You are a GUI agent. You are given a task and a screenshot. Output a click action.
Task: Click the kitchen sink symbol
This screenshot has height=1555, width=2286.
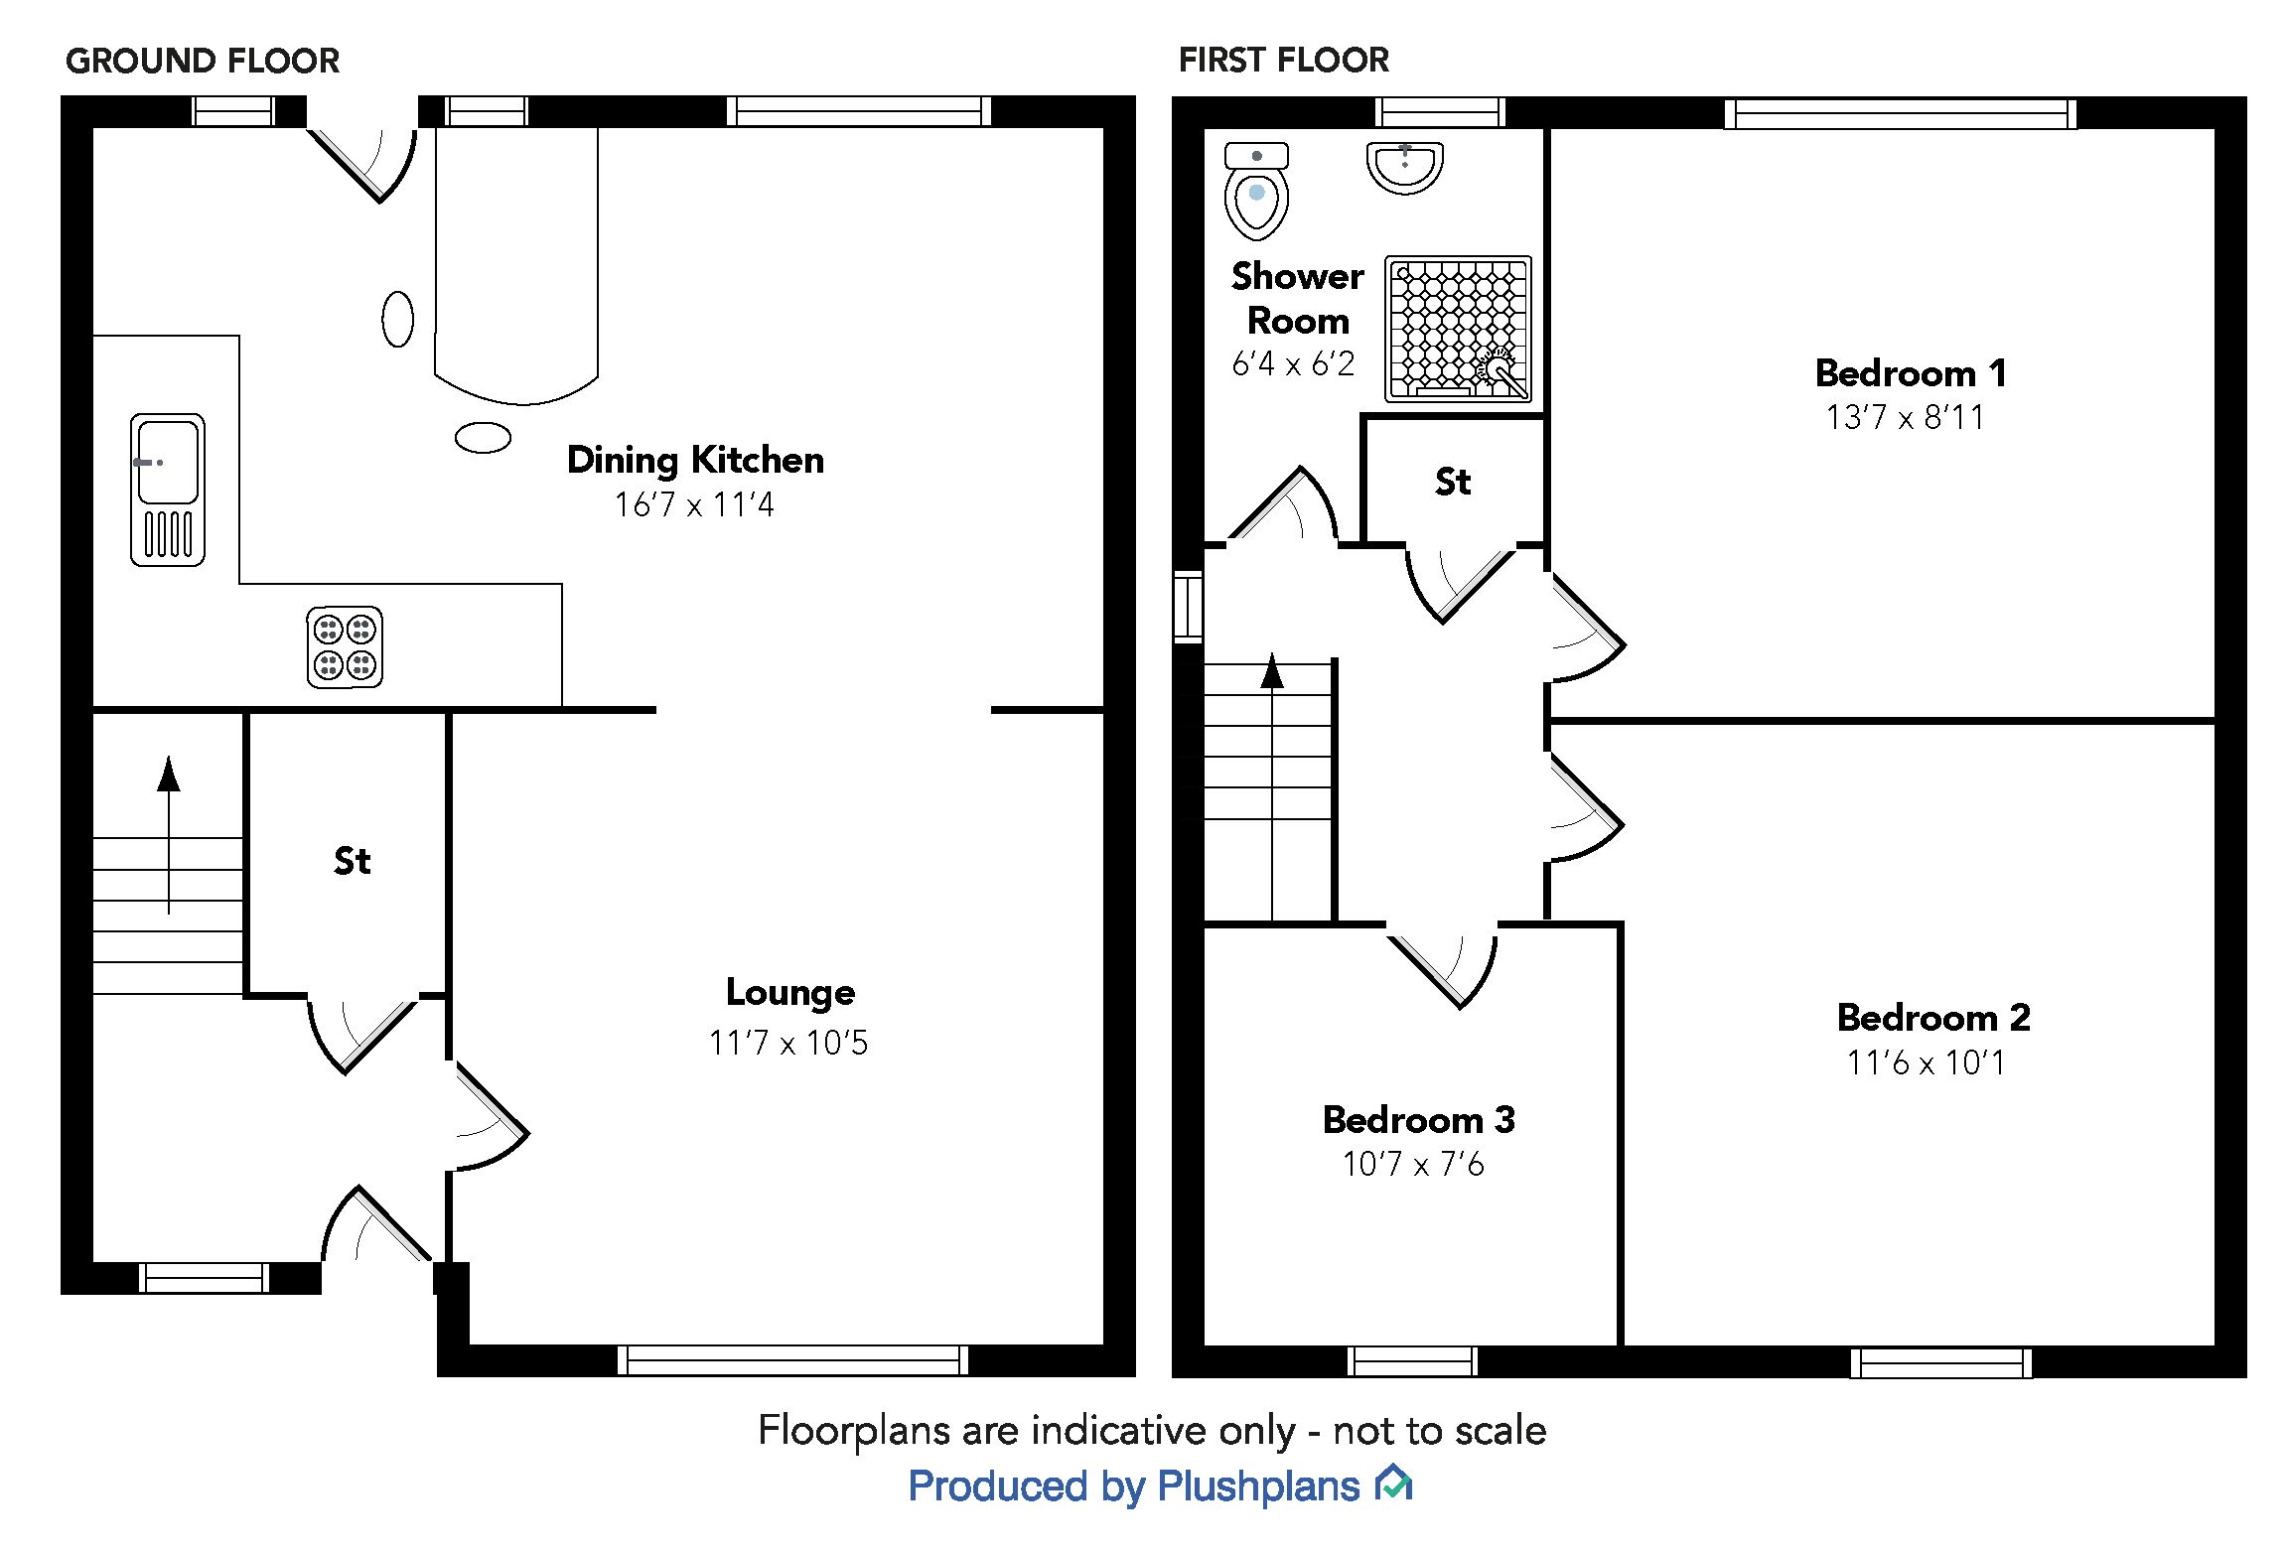[167, 490]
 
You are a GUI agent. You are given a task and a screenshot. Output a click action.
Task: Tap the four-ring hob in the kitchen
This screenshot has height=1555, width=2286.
[345, 646]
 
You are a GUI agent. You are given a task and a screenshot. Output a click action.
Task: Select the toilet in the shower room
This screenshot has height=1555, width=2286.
[1256, 192]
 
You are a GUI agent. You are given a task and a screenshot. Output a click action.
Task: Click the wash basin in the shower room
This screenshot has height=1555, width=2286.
[1404, 167]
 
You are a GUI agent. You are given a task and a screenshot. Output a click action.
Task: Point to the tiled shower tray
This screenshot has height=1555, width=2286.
[1458, 328]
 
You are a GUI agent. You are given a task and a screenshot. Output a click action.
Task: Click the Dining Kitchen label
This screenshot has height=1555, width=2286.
[695, 460]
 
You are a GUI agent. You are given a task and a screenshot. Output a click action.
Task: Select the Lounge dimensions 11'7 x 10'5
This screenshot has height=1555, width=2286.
[788, 1043]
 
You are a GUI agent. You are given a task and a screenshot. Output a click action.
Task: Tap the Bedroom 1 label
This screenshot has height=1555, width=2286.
[1911, 373]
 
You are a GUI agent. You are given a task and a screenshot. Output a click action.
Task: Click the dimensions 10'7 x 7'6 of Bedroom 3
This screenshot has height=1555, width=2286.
[1413, 1164]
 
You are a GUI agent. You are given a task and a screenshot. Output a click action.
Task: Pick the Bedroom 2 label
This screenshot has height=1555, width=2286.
[1933, 1018]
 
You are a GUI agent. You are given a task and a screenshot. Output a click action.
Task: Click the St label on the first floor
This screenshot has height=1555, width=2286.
[1452, 482]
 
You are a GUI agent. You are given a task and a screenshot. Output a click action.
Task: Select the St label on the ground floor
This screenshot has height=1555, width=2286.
[352, 861]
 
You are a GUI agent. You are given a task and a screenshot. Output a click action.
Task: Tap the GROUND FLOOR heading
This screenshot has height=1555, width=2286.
[203, 61]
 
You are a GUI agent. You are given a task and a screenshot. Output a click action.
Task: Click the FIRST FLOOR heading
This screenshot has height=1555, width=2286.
[1283, 60]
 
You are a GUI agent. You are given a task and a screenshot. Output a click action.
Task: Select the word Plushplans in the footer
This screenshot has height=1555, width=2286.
[1258, 1486]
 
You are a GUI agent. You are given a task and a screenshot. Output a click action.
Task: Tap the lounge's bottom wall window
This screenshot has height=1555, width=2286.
[791, 1359]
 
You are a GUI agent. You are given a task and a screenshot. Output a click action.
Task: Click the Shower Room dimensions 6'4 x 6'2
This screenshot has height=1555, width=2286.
[1293, 364]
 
